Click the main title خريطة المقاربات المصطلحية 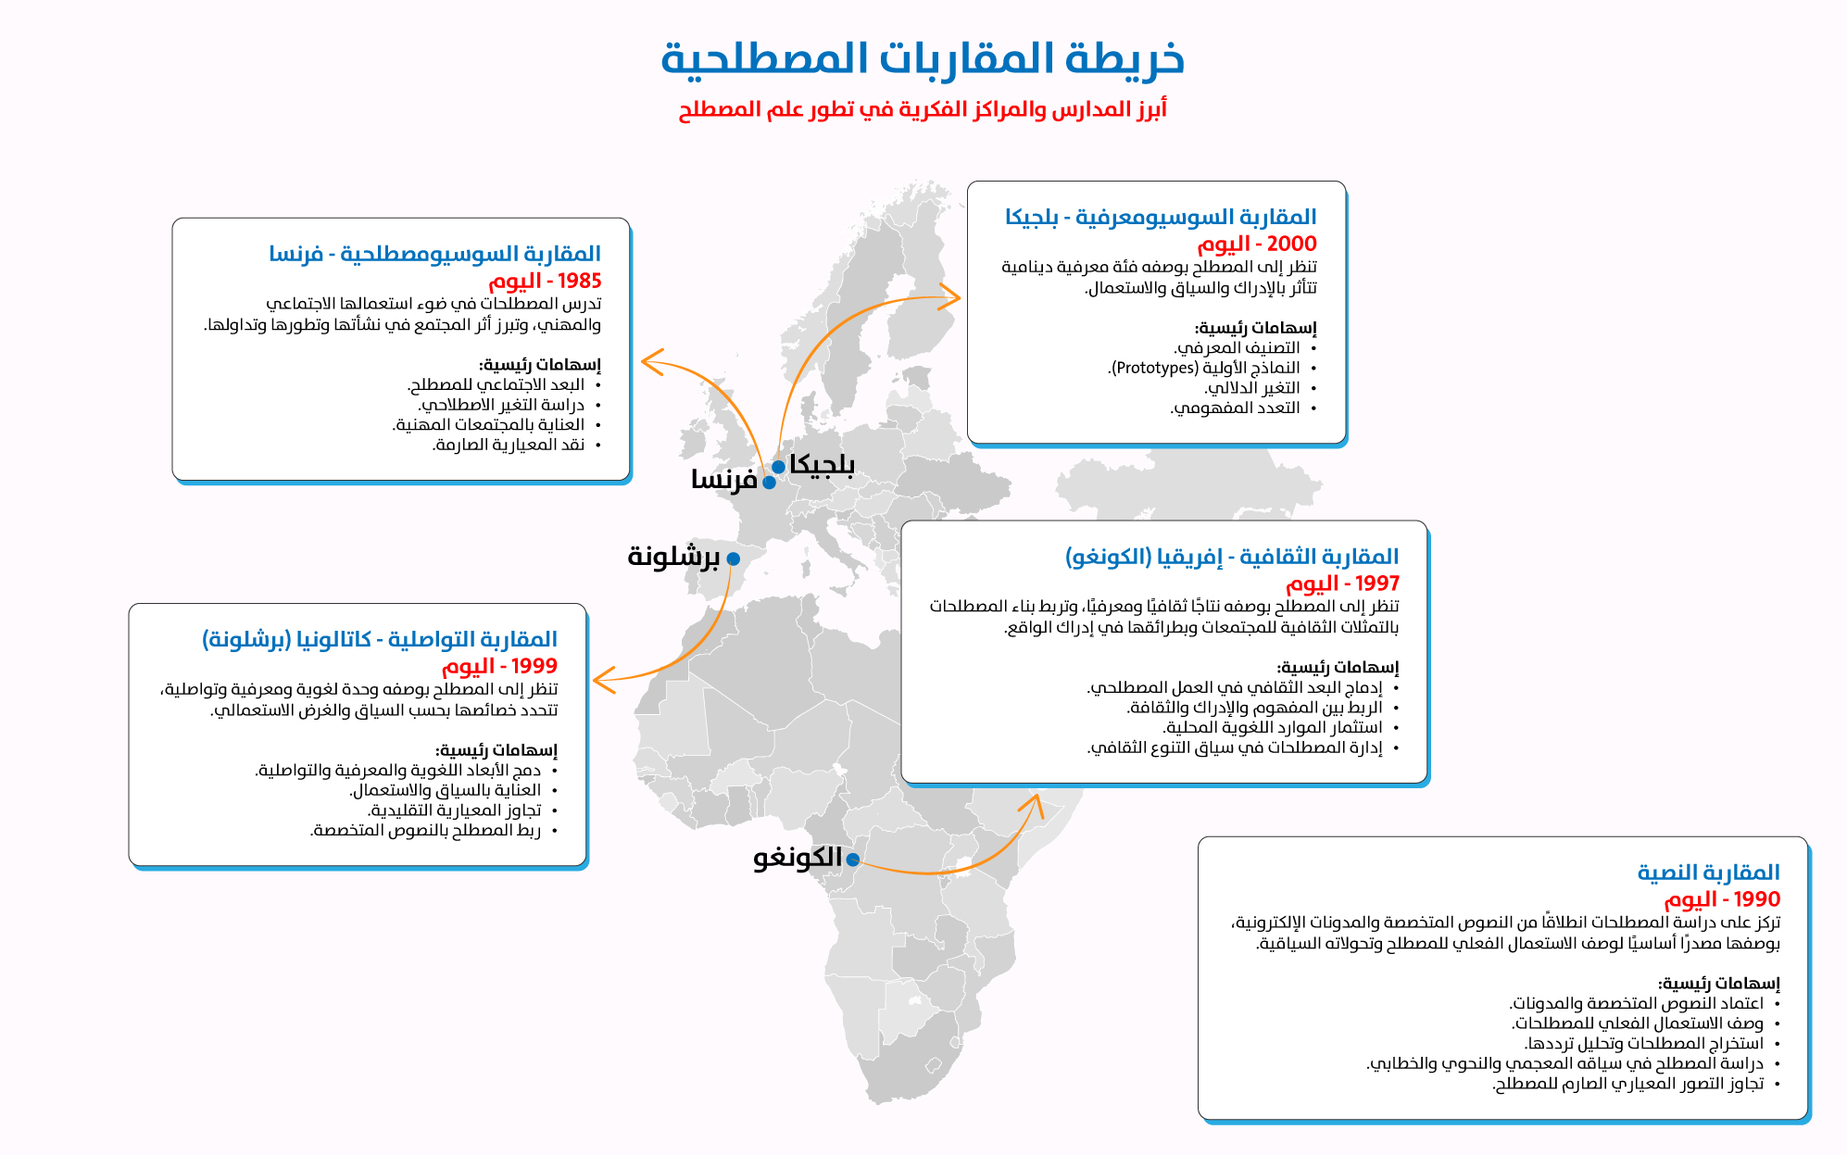point(923,58)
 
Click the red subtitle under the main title point(923,109)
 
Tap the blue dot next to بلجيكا point(779,467)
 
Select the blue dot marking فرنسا point(769,483)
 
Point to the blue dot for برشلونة point(734,559)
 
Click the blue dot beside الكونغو point(853,860)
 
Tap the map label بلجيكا point(823,465)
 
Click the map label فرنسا point(724,480)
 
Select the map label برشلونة point(673,557)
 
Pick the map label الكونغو point(798,858)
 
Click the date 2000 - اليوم point(1257,244)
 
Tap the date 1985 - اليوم point(545,281)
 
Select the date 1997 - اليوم point(1342,584)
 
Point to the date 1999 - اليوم point(499,666)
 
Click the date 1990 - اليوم point(1722,899)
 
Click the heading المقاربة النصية point(1709,873)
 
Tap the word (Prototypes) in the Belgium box point(1154,368)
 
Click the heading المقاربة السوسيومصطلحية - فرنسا point(435,254)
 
